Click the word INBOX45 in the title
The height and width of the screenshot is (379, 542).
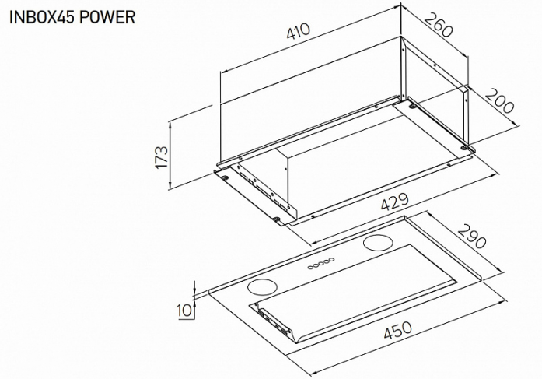(x=41, y=16)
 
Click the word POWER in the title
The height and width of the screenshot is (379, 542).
(x=107, y=16)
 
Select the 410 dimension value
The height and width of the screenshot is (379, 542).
(x=299, y=31)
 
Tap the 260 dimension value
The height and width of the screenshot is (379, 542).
(x=438, y=24)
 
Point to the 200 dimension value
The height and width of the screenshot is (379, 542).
(x=498, y=101)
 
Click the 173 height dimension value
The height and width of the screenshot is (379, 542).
(x=162, y=157)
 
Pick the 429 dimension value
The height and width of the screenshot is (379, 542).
(x=395, y=202)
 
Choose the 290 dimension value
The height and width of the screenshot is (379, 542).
(x=472, y=237)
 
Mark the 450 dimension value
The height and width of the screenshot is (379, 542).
(x=398, y=330)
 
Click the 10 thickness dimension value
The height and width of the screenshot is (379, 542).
(x=184, y=311)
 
